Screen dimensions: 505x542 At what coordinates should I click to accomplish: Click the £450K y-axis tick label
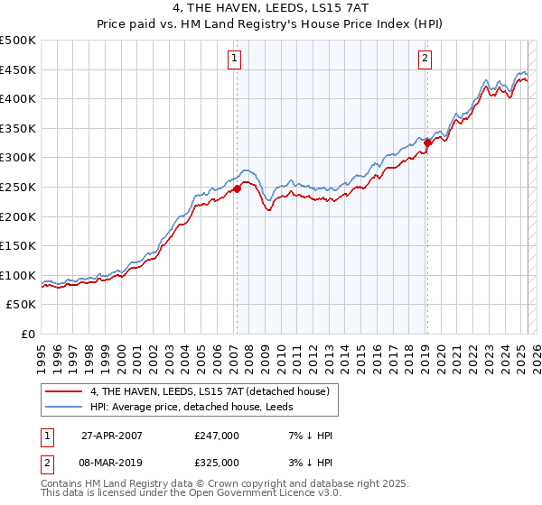(19, 69)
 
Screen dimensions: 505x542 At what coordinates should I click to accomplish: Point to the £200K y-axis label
(19, 216)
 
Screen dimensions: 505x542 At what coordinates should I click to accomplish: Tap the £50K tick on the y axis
(23, 305)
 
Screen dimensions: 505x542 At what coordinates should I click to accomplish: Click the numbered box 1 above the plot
(235, 60)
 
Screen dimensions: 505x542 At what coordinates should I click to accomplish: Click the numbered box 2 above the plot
(425, 60)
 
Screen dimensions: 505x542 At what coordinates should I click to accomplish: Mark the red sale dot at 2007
(237, 188)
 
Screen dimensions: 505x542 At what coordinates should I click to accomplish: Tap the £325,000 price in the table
(216, 462)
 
